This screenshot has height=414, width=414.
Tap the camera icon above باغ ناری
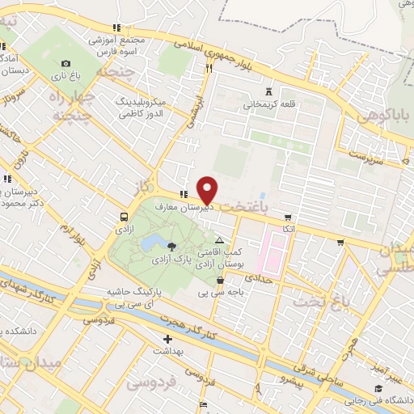(x=65, y=63)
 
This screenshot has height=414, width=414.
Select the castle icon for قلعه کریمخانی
(x=269, y=91)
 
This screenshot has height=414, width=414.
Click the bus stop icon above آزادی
(x=124, y=217)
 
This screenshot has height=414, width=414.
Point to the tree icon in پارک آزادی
(x=171, y=245)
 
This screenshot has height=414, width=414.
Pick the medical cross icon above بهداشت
(x=168, y=339)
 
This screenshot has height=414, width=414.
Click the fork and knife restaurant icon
(x=209, y=69)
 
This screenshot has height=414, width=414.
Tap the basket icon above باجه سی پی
(x=220, y=281)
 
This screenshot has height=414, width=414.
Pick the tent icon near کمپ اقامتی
(x=220, y=241)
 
